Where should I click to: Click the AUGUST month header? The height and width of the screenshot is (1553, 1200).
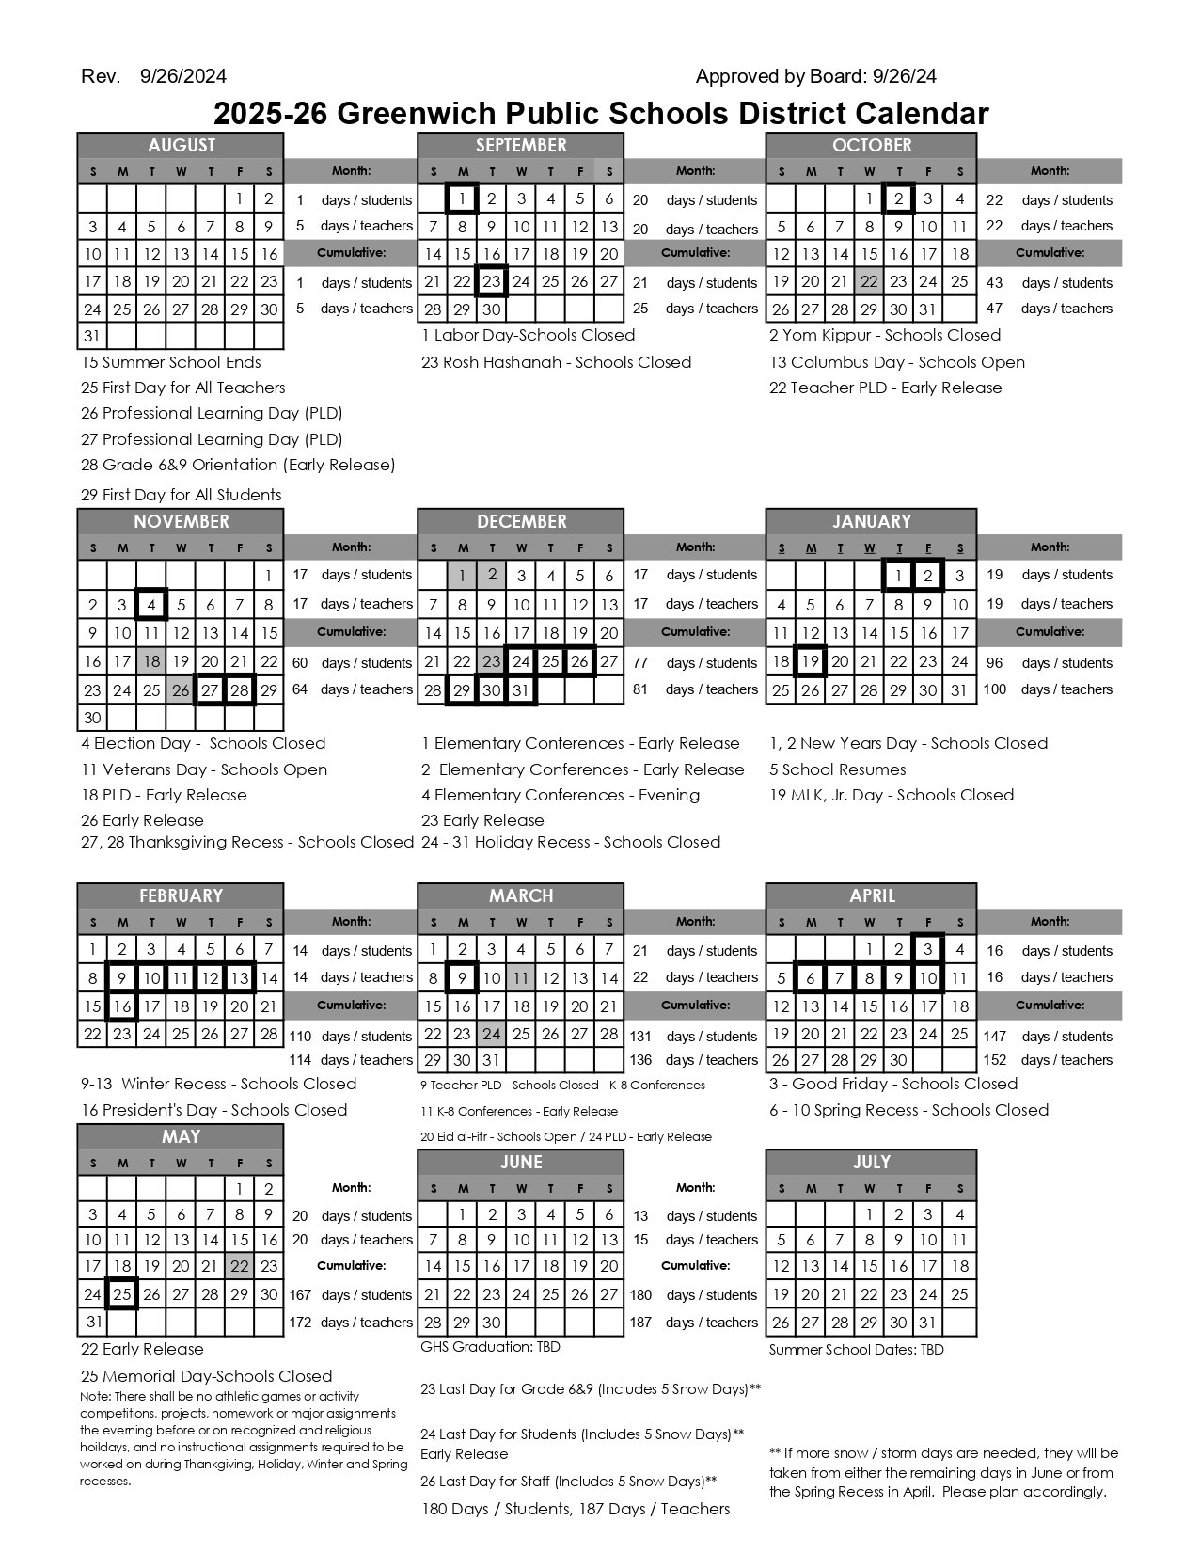coord(181,145)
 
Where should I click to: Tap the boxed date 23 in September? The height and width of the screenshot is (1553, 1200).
coord(491,281)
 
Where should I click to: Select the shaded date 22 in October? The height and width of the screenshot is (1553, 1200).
coord(869,281)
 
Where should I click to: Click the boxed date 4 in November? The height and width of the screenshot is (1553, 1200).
coord(151,605)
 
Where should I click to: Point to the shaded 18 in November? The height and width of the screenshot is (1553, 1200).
coord(151,661)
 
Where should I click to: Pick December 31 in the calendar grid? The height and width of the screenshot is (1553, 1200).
coord(520,689)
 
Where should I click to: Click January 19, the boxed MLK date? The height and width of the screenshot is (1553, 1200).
coord(810,661)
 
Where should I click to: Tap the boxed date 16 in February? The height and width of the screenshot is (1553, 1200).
coord(121,1006)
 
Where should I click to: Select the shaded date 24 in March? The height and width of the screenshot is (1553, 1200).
coord(491,1034)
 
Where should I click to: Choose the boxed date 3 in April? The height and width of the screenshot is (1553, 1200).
coord(927,950)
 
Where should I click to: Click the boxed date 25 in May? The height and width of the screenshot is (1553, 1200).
coord(121,1294)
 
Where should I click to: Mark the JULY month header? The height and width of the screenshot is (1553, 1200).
coord(871,1162)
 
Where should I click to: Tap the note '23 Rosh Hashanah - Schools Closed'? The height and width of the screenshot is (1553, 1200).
coord(556,362)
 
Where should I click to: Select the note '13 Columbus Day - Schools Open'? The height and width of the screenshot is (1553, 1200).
coord(896,362)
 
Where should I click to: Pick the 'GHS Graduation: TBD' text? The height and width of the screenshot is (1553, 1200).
coord(490,1347)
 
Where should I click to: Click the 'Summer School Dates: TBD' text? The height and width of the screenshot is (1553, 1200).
coord(856,1350)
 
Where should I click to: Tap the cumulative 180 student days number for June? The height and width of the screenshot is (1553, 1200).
coord(640,1294)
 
